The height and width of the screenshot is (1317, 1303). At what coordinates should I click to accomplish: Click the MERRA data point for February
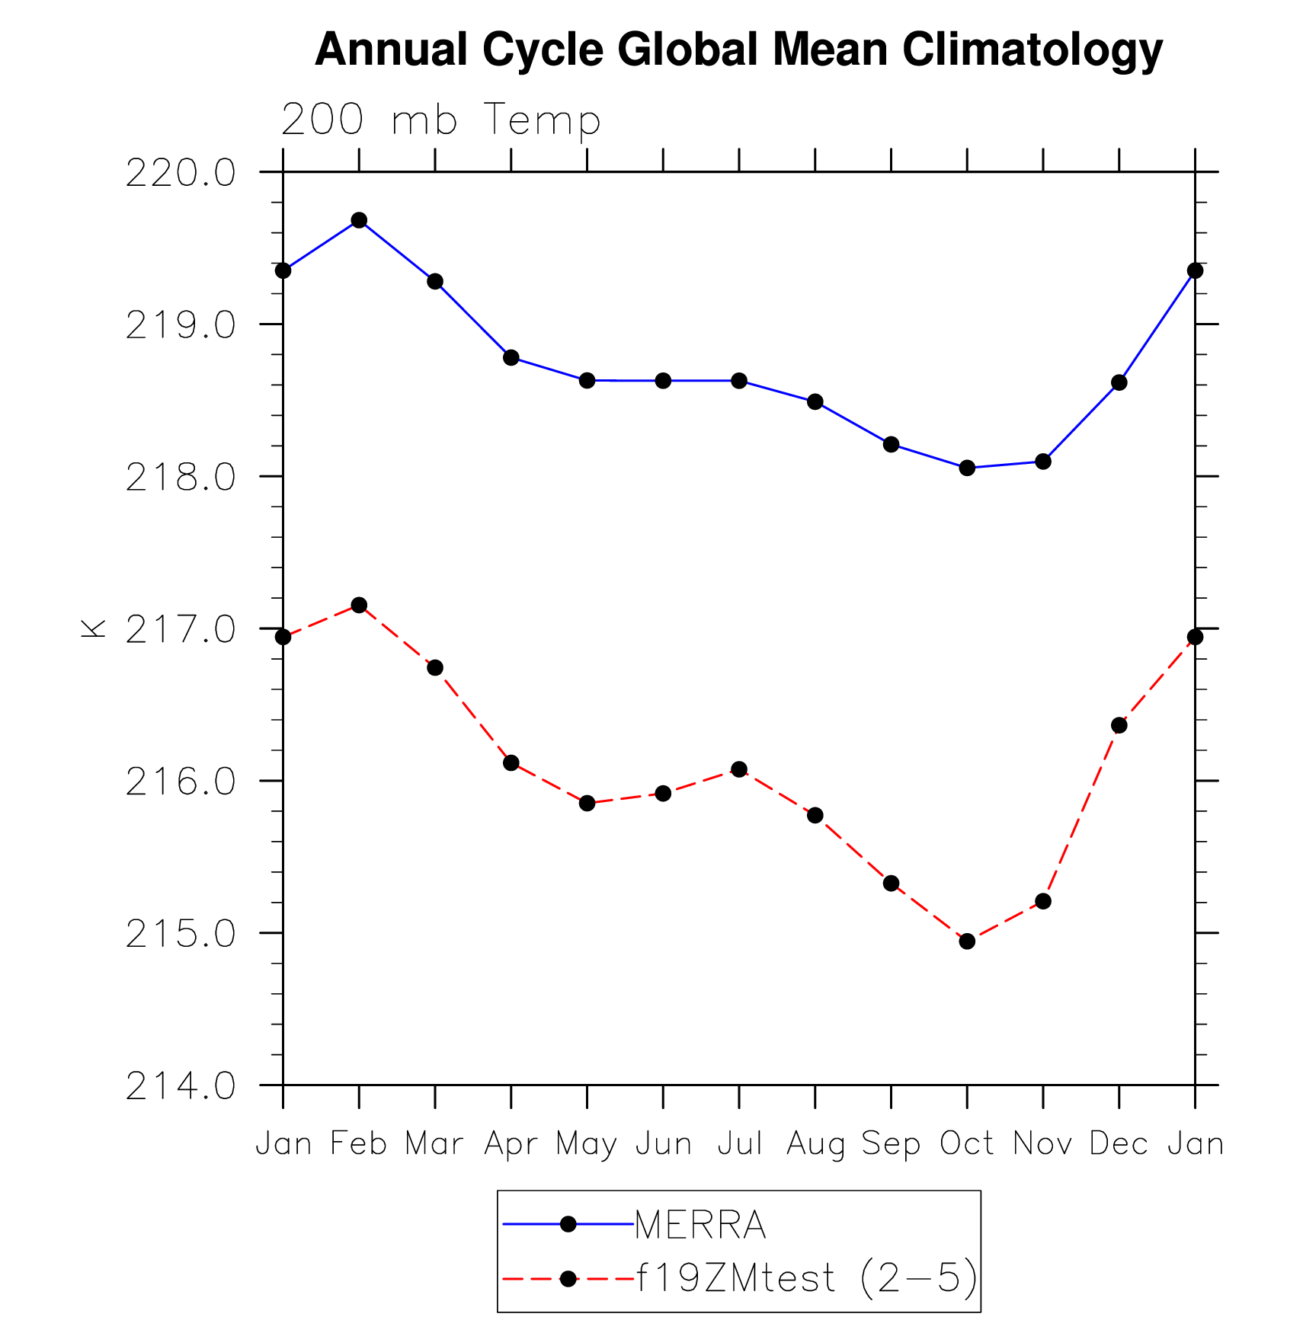click(x=359, y=221)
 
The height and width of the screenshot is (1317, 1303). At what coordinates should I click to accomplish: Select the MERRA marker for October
click(x=967, y=468)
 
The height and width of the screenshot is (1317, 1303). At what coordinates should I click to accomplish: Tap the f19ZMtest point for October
click(x=967, y=941)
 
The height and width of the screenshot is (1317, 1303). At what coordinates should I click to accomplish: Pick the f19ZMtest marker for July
click(x=739, y=769)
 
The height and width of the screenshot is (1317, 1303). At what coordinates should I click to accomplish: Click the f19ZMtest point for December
click(x=1119, y=725)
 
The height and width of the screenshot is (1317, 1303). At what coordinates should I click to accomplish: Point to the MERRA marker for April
click(x=511, y=358)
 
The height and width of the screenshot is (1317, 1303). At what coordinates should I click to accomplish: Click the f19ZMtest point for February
click(x=359, y=606)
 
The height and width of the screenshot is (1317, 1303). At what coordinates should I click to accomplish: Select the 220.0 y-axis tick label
click(x=181, y=174)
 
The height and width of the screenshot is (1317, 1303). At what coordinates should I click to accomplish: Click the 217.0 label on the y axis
click(x=181, y=631)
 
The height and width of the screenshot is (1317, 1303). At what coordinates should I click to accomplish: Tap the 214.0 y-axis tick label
click(x=181, y=1087)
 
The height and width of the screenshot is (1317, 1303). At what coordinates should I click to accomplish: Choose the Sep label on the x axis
click(x=891, y=1144)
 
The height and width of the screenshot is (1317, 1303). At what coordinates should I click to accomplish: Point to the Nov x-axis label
click(x=1042, y=1144)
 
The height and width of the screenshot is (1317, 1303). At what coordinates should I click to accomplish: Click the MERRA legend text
click(x=700, y=1226)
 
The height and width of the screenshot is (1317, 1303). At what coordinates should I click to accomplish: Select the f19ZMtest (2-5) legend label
click(x=806, y=1278)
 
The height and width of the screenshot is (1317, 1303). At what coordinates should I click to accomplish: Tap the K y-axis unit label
click(x=94, y=628)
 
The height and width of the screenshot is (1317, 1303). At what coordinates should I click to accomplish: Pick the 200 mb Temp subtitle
click(x=441, y=120)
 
